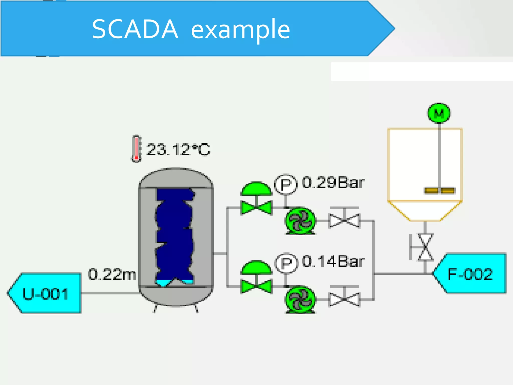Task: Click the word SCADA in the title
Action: point(135,29)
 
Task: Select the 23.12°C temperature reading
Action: point(178,150)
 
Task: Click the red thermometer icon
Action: point(136,149)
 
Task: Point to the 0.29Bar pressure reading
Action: point(333,182)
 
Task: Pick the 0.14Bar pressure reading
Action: point(333,261)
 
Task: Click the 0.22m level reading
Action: point(112,274)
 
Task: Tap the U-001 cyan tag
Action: point(45,293)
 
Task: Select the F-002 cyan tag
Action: point(470,274)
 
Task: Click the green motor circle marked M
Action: point(439,113)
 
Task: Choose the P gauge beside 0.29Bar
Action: point(286,184)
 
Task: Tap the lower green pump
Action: point(300,300)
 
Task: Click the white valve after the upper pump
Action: point(344,220)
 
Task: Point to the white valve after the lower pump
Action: point(344,299)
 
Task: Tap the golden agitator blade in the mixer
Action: point(439,191)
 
